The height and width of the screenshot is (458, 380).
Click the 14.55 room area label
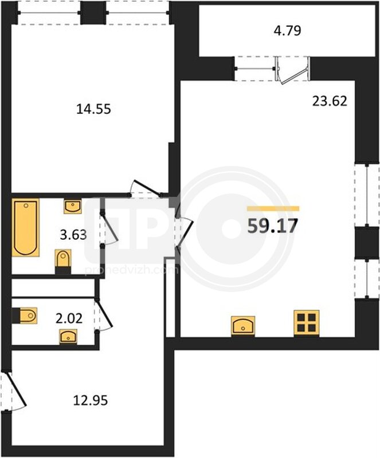(x=93, y=109)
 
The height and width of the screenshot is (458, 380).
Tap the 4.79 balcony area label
(x=287, y=31)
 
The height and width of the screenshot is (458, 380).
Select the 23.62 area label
(x=330, y=101)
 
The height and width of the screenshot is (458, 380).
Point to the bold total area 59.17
(x=272, y=226)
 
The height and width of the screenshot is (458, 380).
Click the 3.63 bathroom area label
(x=73, y=234)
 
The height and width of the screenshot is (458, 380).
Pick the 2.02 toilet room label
(x=69, y=318)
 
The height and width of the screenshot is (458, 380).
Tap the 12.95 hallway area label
(x=91, y=400)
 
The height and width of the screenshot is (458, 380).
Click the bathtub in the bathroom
(x=26, y=227)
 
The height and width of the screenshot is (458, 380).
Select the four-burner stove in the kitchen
(x=306, y=323)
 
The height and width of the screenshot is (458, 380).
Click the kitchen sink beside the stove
(x=243, y=326)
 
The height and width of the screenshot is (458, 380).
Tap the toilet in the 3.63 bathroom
(x=63, y=262)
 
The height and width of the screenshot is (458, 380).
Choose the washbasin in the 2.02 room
(x=68, y=337)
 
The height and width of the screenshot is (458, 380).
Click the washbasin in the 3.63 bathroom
(x=73, y=207)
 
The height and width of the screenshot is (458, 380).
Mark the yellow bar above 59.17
(x=273, y=208)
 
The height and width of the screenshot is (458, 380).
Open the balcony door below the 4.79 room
(x=292, y=69)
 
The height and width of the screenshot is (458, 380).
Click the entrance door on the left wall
(x=14, y=392)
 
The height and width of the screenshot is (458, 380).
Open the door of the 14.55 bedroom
(x=146, y=188)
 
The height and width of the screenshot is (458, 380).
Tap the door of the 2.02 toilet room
(x=104, y=315)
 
